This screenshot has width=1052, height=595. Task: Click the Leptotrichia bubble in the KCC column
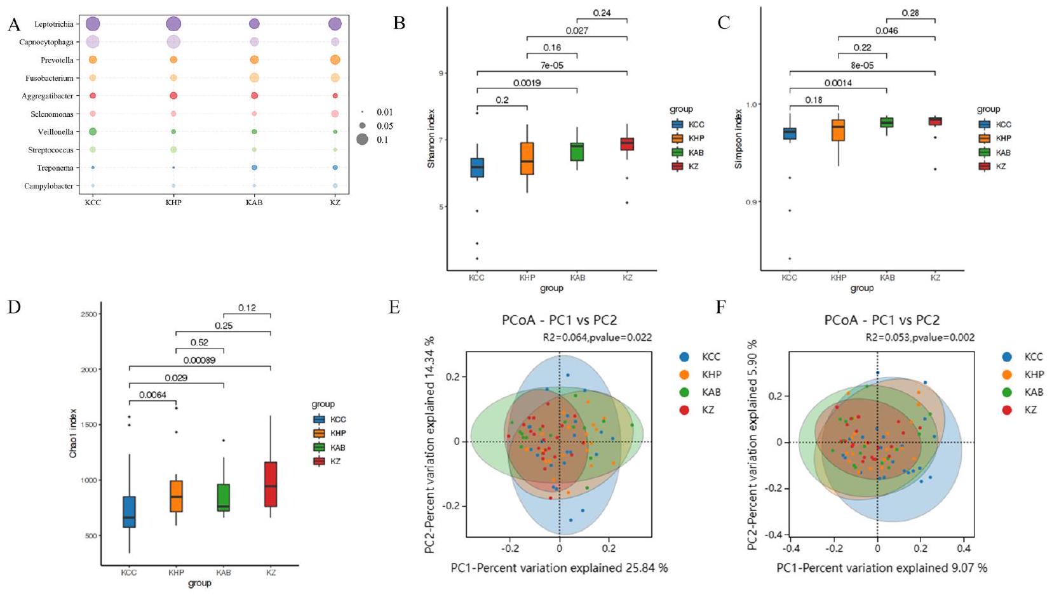(x=93, y=24)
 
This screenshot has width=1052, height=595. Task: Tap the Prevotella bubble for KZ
(x=335, y=60)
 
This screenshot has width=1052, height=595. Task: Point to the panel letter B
(x=399, y=23)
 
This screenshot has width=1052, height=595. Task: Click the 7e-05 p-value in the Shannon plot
(x=551, y=65)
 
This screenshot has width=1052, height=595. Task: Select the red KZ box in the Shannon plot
(x=627, y=144)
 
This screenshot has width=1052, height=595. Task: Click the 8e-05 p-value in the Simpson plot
(x=862, y=65)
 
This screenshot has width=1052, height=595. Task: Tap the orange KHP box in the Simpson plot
(x=839, y=130)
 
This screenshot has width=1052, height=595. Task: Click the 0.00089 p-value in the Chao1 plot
(x=199, y=361)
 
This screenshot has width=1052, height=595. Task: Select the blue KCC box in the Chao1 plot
(x=129, y=512)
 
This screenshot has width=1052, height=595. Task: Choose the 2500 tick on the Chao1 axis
(x=88, y=314)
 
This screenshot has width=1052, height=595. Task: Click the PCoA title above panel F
(x=882, y=321)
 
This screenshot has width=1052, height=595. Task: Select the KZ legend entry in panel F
(x=1023, y=410)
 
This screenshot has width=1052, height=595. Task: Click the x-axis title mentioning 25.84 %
(x=559, y=568)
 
